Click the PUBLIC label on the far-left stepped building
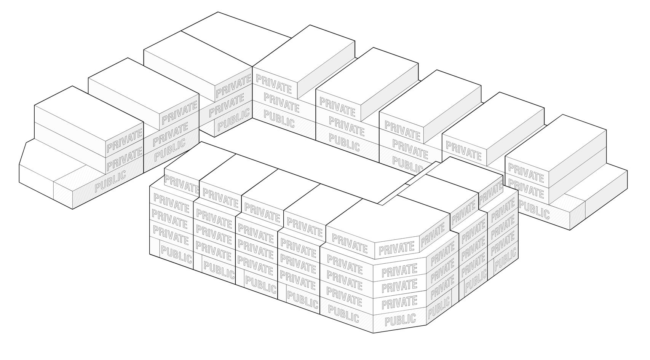pos(110,181)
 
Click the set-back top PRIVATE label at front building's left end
pos(181,184)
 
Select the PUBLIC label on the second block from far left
pos(170,149)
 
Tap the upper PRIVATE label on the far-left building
pos(124,140)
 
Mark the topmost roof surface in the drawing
pos(236,38)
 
